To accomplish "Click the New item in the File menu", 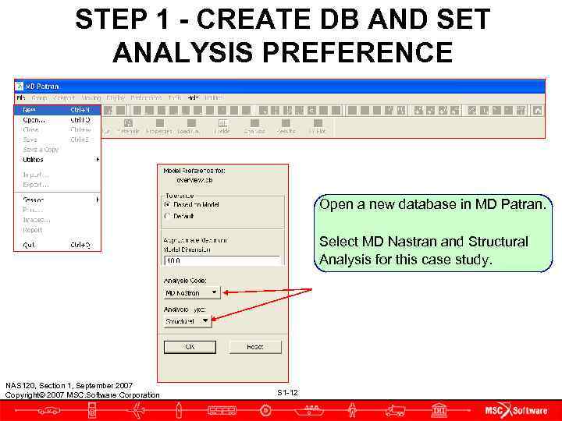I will [x=30, y=110].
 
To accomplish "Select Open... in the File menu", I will [x=34, y=120].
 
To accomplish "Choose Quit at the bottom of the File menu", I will [x=30, y=245].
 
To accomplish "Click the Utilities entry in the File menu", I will [x=34, y=160].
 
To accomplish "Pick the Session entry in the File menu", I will [x=34, y=200].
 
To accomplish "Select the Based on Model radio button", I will [x=167, y=205].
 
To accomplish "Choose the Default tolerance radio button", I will [x=167, y=216].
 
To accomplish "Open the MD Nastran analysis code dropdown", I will [x=192, y=293].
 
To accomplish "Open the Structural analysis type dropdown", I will [x=187, y=321].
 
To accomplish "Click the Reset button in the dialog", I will [x=254, y=347].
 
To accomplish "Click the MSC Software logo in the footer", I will [x=515, y=410].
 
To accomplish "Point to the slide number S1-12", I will [x=287, y=392].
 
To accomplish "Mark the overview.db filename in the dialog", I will [x=193, y=179].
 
